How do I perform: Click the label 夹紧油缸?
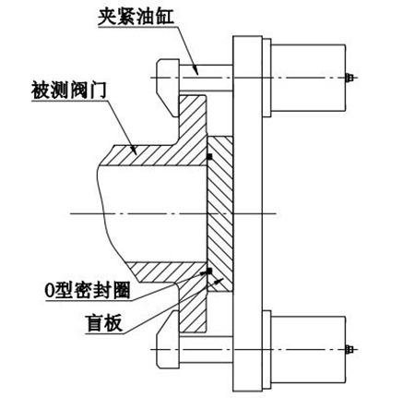click(x=136, y=16)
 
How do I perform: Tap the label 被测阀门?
click(x=69, y=90)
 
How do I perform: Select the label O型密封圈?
click(x=88, y=290)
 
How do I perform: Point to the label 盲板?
click(x=104, y=323)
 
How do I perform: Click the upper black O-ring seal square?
click(x=209, y=156)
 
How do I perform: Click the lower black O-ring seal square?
click(x=209, y=271)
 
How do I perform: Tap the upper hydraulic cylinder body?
click(x=308, y=78)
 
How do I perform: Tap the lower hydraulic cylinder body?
click(x=308, y=349)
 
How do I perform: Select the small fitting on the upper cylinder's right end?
click(x=350, y=78)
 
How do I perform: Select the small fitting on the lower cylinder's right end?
click(x=350, y=349)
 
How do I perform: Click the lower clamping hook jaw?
click(x=168, y=339)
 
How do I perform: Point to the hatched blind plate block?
click(x=220, y=214)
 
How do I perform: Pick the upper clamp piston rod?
click(x=206, y=78)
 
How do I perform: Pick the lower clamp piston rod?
click(x=206, y=350)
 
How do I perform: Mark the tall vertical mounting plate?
click(x=247, y=214)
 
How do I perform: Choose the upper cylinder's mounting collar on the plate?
click(x=267, y=78)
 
